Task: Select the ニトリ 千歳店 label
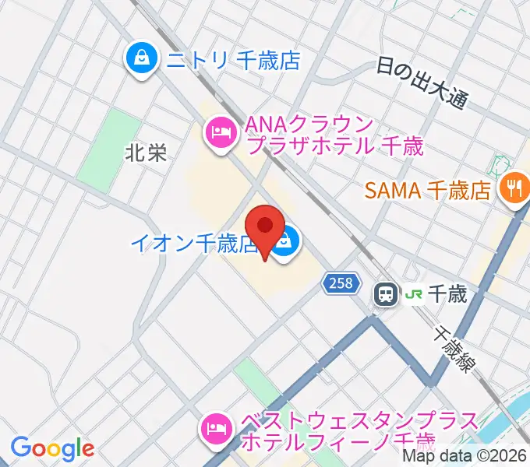pos(231,61)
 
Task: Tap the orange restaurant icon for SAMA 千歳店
pos(514,189)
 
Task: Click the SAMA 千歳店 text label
pos(426,189)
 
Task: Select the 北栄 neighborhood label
pos(146,153)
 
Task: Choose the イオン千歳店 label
pos(193,244)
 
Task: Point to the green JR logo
pos(414,294)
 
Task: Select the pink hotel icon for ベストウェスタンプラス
pos(216,427)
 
